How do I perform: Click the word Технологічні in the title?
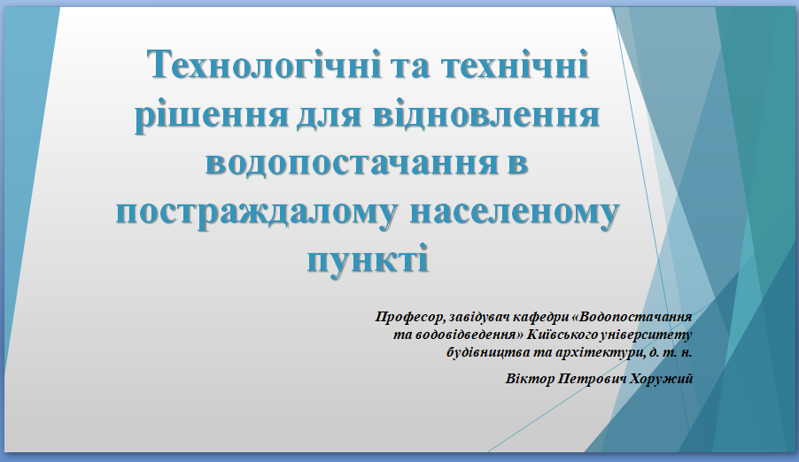coord(265,65)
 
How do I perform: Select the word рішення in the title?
coord(212,114)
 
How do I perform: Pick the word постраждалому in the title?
coord(256,212)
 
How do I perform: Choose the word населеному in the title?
coord(515,212)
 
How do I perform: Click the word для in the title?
coord(330,115)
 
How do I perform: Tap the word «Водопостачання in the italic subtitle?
coord(632,317)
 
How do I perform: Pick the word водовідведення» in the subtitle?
coord(469,335)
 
